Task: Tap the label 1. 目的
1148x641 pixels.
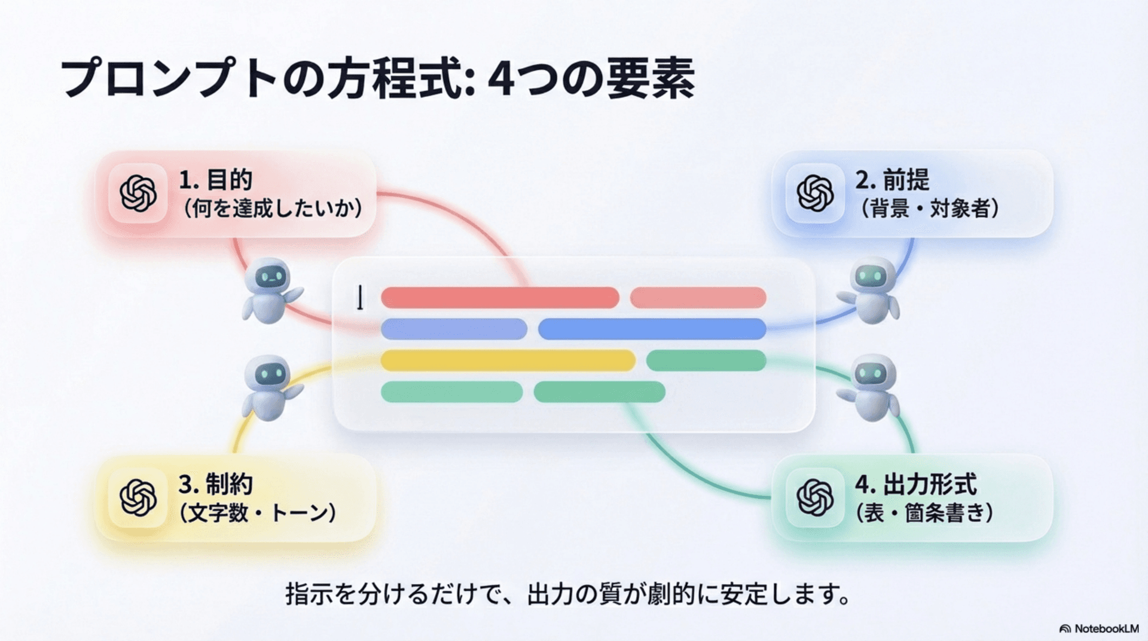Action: (215, 179)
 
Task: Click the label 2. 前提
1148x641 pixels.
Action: (892, 179)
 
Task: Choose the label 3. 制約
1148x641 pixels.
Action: (215, 484)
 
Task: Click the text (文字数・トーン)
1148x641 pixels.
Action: (258, 512)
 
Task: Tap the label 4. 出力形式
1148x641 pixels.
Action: (915, 484)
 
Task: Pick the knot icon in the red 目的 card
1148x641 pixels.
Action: (138, 193)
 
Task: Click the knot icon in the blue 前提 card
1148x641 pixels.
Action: (815, 193)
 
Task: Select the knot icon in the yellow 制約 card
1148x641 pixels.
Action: (138, 497)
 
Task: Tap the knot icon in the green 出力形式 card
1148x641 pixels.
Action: (815, 497)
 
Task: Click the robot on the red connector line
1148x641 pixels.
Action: (271, 291)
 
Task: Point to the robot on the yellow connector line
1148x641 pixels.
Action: (271, 387)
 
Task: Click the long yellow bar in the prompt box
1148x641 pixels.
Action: (508, 361)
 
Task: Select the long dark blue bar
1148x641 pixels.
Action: (652, 329)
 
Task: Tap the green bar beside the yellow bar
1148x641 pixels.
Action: (706, 361)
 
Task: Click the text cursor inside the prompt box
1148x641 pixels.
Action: (360, 297)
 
